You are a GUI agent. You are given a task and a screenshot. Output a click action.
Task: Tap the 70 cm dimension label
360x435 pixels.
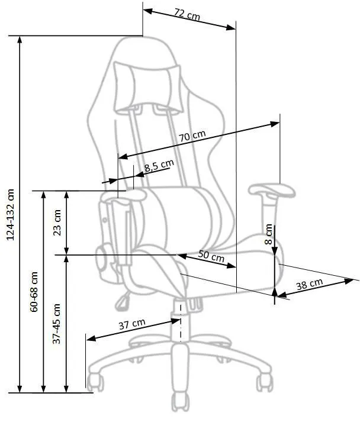click(x=192, y=136)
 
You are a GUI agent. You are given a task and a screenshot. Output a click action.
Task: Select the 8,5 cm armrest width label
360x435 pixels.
click(x=159, y=166)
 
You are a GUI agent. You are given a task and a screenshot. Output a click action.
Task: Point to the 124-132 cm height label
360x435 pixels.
click(x=10, y=214)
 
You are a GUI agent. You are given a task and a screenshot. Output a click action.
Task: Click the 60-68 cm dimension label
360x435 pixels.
click(x=34, y=292)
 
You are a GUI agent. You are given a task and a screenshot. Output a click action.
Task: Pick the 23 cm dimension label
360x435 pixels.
click(x=57, y=223)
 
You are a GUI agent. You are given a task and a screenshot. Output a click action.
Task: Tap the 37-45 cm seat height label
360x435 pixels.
click(x=57, y=324)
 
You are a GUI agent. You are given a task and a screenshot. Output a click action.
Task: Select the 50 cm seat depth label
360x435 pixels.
click(x=211, y=256)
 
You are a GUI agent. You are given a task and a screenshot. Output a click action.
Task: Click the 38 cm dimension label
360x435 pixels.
click(x=309, y=284)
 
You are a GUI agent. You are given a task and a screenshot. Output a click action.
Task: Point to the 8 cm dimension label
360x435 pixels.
click(x=268, y=234)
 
